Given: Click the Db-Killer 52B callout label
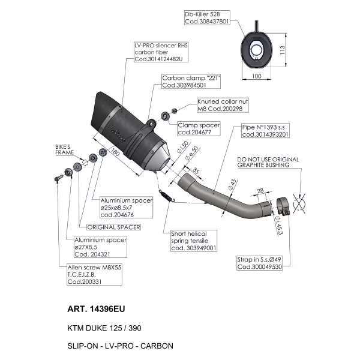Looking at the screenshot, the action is tap(207, 17).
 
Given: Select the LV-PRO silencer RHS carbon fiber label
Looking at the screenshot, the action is tap(161, 52).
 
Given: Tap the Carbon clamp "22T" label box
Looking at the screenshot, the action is tap(191, 82).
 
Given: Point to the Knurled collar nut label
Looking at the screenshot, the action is tap(223, 105).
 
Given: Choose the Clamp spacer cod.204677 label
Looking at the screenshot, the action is tap(199, 129).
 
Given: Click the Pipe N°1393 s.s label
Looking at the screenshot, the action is tap(265, 131).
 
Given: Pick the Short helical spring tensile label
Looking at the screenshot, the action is tap(194, 241).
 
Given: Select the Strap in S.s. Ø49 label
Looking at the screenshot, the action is tap(259, 263).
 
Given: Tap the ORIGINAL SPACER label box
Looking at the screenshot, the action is tap(113, 227).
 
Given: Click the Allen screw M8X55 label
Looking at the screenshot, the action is tap(94, 274).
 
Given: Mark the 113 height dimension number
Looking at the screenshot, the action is tap(283, 50).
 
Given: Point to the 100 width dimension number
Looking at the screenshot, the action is tap(256, 76).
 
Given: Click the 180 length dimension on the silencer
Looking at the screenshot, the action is tap(115, 152).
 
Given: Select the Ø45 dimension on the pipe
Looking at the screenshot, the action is tap(232, 185).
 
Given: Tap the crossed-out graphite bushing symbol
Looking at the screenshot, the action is tap(299, 203).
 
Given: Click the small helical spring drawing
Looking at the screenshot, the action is tap(167, 196).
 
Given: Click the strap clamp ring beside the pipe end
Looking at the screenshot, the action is tap(283, 206).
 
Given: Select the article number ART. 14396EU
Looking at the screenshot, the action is tap(96, 309).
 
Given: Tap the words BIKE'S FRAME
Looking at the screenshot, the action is tap(65, 149).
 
